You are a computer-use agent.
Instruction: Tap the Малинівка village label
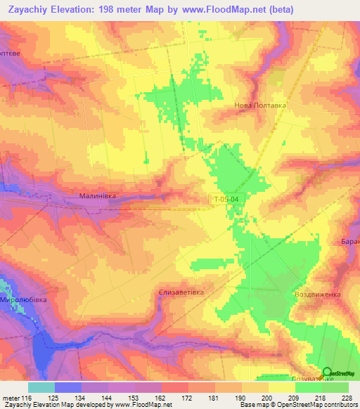click(97, 197)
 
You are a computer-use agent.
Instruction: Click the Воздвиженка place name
click(317, 294)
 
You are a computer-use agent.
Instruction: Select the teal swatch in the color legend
click(41, 387)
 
